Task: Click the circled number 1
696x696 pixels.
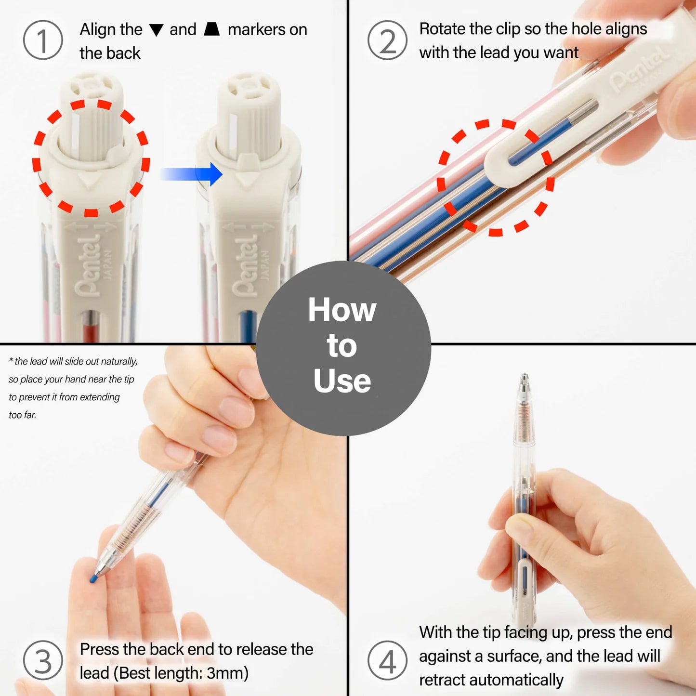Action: click(42, 40)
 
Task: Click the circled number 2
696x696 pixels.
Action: click(387, 40)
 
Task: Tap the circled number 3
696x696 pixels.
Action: click(42, 661)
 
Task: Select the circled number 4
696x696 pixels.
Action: click(387, 661)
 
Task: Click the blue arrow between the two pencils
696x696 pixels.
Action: click(191, 174)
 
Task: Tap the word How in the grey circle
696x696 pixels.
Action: click(342, 310)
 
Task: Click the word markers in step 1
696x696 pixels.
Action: click(256, 29)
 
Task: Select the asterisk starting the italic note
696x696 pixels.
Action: click(11, 360)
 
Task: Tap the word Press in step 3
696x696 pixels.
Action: click(99, 649)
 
